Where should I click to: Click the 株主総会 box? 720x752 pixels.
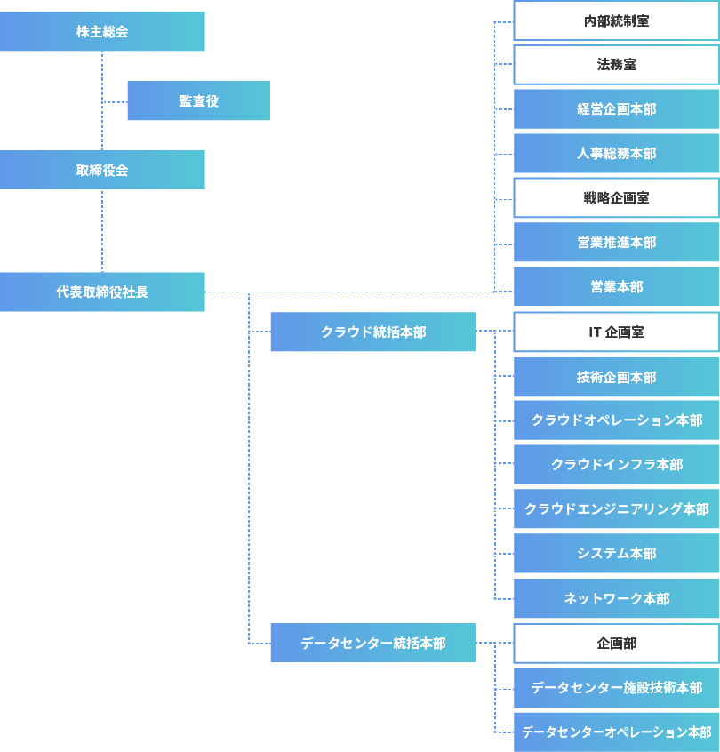[102, 32]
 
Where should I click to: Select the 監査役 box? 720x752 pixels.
[198, 101]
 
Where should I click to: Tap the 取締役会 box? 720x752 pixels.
[102, 170]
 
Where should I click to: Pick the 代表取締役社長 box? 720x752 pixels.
[102, 292]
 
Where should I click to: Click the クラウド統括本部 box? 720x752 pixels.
[372, 332]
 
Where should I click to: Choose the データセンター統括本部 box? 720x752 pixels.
[372, 643]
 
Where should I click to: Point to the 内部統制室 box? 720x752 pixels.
[616, 20]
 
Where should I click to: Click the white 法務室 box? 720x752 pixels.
[616, 65]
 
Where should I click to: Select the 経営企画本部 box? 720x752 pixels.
[616, 109]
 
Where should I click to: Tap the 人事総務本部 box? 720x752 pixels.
[616, 154]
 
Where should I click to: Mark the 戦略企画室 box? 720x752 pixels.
[616, 198]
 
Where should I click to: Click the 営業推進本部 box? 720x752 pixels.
[616, 243]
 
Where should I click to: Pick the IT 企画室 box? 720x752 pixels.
[616, 332]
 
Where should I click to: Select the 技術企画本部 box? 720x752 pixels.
[616, 377]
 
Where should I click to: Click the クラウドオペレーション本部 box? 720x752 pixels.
[616, 420]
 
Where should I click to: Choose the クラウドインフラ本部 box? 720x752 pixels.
[616, 465]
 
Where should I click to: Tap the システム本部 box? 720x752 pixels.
[616, 554]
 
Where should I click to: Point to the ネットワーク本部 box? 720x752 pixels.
[616, 598]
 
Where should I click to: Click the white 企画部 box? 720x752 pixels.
[616, 643]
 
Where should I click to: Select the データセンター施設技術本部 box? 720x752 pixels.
[616, 687]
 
